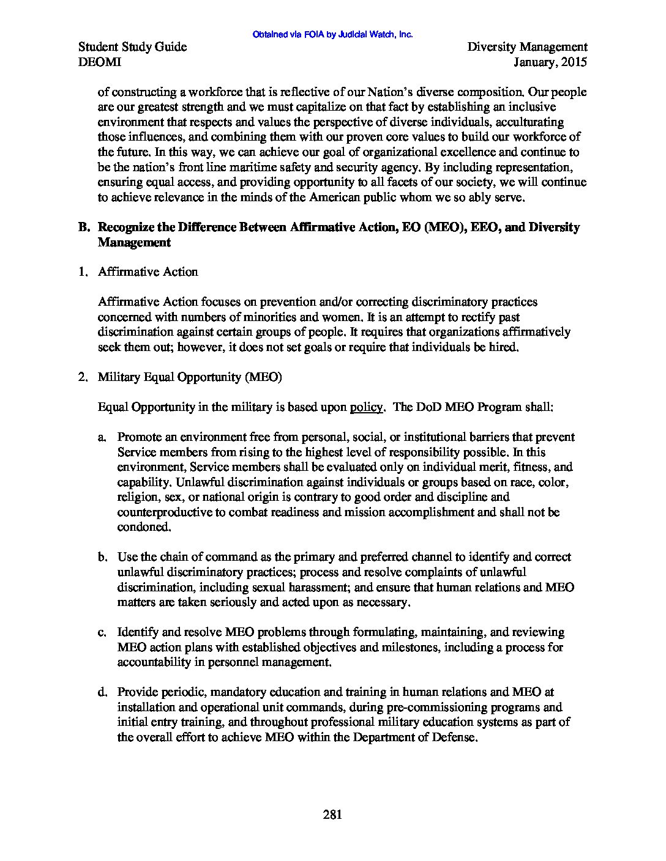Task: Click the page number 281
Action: (332, 814)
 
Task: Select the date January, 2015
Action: (550, 62)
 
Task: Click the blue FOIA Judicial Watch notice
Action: (332, 35)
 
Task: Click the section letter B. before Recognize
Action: (84, 227)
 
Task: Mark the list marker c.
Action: (102, 632)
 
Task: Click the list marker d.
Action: (102, 692)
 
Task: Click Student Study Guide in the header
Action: (133, 47)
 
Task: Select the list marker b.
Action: (102, 557)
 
